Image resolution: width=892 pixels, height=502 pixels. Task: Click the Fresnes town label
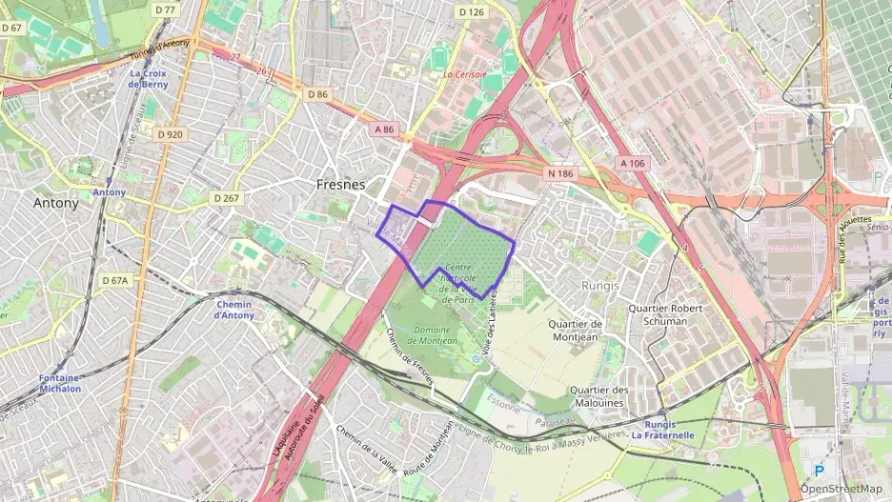[341, 184]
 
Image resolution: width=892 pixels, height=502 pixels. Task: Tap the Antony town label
[56, 203]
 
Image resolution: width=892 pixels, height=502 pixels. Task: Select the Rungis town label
[599, 285]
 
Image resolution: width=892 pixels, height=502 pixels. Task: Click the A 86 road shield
[384, 130]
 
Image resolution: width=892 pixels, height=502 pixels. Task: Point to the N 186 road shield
[559, 173]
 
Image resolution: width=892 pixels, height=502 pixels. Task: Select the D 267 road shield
[226, 198]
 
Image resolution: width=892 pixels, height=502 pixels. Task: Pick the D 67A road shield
[113, 280]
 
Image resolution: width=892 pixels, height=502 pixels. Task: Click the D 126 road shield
[470, 12]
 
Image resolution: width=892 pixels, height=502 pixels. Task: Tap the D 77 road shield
[164, 10]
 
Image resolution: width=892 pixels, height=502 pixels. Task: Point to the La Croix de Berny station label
[149, 79]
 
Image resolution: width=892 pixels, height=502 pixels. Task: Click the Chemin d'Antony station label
[233, 310]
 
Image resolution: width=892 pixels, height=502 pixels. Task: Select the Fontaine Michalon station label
[60, 382]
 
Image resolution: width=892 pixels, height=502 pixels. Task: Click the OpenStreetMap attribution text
[841, 488]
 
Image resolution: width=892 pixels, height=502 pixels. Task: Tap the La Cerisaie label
[465, 73]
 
